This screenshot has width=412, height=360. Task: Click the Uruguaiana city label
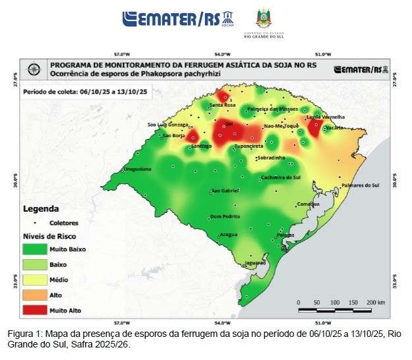(x=138, y=169)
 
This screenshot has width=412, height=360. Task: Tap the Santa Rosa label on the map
(x=222, y=105)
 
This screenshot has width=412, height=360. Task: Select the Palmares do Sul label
(x=360, y=185)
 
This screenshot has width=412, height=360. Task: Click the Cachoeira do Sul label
(x=281, y=177)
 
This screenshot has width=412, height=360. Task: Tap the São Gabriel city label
(x=225, y=191)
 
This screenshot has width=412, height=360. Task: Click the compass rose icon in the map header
(x=35, y=69)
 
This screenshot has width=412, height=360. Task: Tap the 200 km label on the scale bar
(x=376, y=301)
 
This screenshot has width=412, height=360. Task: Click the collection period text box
(x=84, y=92)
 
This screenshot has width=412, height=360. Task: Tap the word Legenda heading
(x=41, y=208)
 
